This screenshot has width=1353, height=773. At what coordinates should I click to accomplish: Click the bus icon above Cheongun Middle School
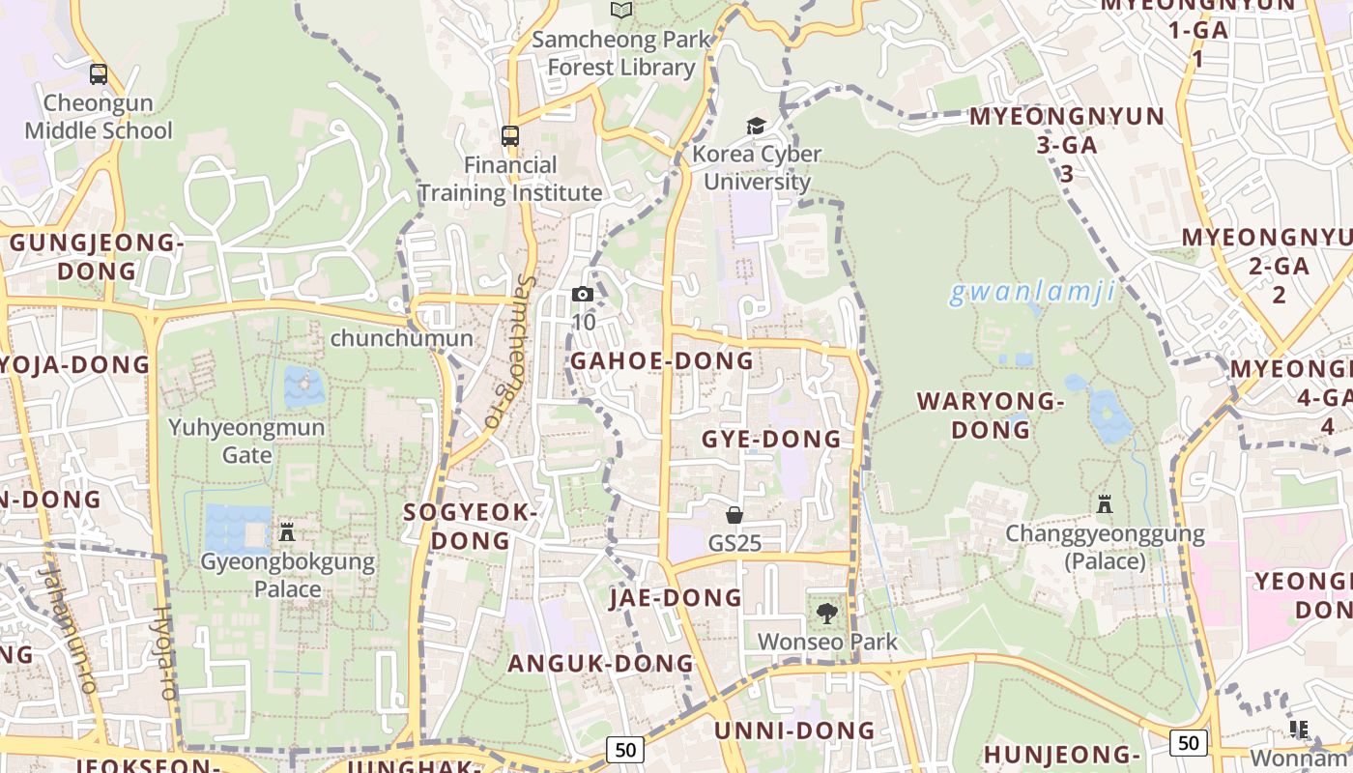pos(98,74)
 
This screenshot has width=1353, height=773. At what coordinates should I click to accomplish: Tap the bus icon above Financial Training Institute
pos(510,136)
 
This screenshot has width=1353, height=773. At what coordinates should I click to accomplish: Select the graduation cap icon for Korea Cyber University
pos(756,126)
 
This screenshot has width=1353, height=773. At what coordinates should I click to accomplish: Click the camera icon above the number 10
pos(583,294)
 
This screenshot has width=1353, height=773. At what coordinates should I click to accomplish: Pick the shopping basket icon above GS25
pos(734,515)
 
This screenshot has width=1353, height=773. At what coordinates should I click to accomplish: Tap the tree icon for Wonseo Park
pos(826,613)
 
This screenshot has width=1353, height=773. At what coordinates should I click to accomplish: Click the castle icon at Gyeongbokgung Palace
pos(286,531)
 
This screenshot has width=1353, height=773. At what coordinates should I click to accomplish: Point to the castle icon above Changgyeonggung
pos(1105,503)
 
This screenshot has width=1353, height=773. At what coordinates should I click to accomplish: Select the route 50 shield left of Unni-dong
pos(625,749)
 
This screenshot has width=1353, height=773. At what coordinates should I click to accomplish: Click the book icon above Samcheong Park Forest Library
pos(621,10)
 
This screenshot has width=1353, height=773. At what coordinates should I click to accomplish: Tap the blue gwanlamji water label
pos(1032,292)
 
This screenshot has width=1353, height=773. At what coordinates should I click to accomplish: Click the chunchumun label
pos(401,338)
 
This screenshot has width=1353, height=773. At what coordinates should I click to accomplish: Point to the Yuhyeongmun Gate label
pos(246,440)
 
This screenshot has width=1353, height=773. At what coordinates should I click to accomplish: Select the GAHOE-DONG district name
pos(661,360)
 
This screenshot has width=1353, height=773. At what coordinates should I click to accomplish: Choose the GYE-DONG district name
pos(770,439)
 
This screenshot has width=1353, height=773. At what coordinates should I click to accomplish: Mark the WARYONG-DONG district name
pos(990,415)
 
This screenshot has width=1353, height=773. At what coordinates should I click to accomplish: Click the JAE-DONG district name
pos(676,598)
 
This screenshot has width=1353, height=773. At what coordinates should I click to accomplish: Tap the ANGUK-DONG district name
pos(600,663)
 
